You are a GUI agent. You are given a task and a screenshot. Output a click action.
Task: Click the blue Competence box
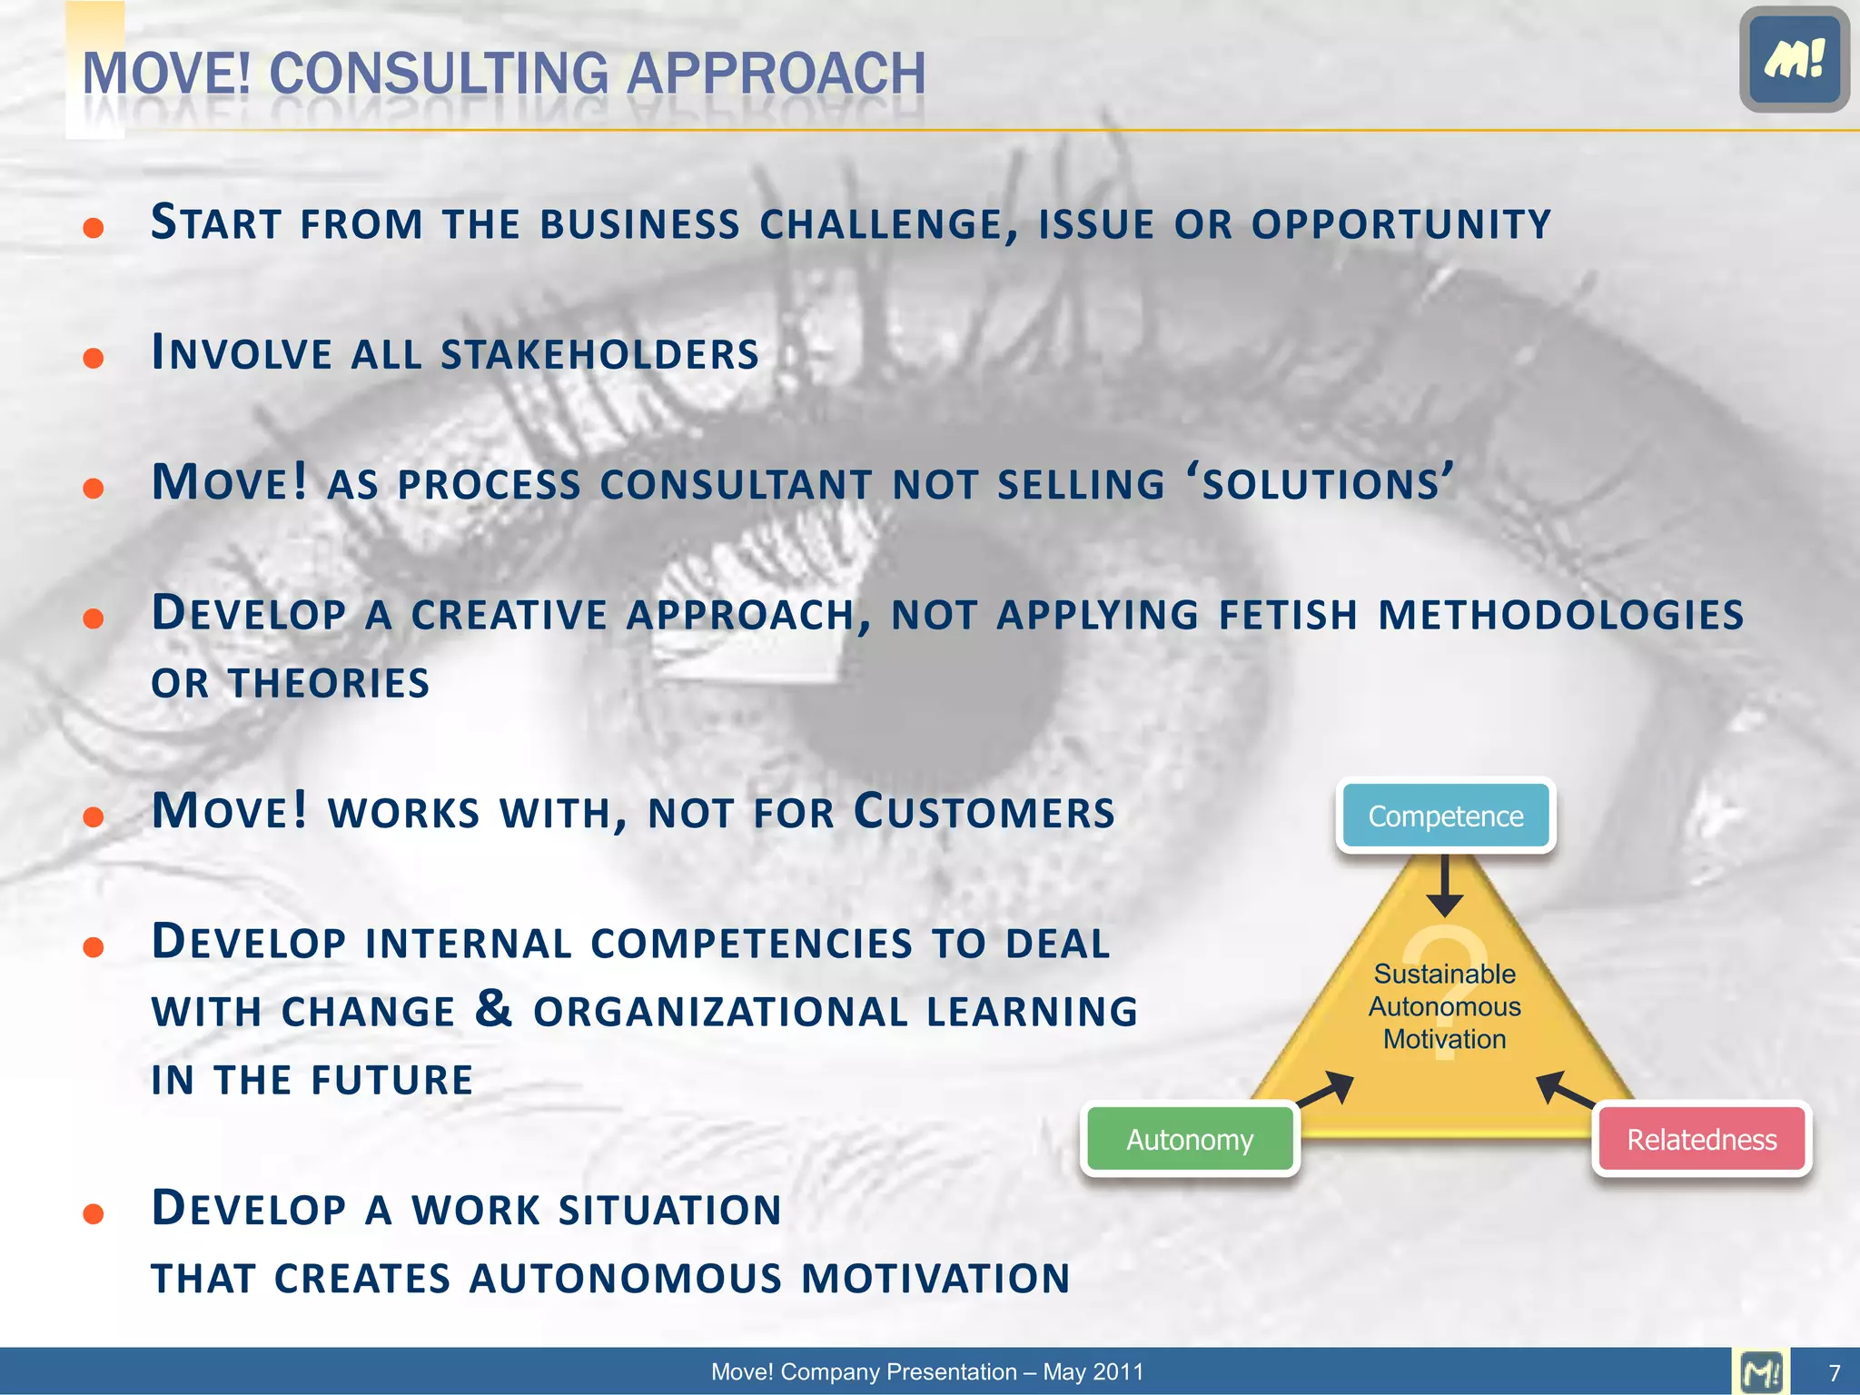[1445, 816]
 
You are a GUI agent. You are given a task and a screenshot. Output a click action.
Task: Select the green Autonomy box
[1190, 1139]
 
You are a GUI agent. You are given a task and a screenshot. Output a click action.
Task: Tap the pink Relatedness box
[1701, 1139]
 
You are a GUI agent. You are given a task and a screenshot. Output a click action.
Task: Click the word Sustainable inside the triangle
[1444, 974]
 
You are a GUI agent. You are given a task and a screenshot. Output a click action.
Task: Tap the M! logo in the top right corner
[1794, 59]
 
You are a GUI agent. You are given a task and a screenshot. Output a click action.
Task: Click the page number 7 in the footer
[1835, 1372]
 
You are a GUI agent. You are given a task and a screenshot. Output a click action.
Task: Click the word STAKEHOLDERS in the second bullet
[599, 354]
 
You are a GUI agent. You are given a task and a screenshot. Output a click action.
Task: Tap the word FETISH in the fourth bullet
[1288, 615]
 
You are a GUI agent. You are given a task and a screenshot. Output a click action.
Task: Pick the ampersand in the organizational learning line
[493, 1008]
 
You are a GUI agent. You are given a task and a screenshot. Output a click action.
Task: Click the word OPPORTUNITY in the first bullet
[1400, 224]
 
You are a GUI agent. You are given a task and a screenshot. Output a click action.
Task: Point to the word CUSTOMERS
[984, 811]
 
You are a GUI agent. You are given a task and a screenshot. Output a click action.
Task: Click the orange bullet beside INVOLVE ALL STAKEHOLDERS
[93, 358]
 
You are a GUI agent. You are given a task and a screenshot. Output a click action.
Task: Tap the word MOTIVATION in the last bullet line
[935, 1278]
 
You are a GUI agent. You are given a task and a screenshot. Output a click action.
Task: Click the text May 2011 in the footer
[1093, 1372]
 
